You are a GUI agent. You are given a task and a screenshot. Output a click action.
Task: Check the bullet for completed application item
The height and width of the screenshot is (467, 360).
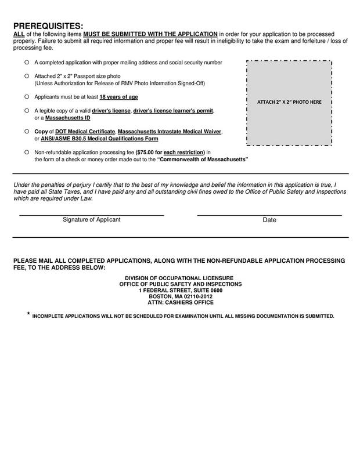[x=26, y=61]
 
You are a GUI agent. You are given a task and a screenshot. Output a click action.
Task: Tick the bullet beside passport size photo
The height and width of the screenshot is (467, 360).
[x=26, y=76]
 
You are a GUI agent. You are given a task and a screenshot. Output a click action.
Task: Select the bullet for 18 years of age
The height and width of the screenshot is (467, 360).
[x=26, y=96]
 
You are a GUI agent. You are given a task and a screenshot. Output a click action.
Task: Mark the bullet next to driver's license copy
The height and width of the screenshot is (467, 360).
[x=26, y=110]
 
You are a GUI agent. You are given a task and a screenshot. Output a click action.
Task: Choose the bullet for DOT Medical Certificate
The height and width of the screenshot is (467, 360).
[x=26, y=132]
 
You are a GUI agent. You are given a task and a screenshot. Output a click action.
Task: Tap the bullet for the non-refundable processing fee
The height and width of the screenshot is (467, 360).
[x=26, y=152]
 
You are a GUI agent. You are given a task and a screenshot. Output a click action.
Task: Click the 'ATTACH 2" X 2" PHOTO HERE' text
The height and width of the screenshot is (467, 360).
[x=289, y=103]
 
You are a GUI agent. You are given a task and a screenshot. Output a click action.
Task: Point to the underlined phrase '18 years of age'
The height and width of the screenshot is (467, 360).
[x=118, y=96]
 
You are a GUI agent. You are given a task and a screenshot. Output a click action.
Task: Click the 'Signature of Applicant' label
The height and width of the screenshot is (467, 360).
[x=91, y=220]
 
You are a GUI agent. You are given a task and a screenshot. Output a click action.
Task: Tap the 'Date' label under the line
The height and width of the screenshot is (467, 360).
[x=269, y=220]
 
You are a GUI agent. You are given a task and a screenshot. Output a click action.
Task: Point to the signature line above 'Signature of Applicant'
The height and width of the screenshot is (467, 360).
[x=91, y=215]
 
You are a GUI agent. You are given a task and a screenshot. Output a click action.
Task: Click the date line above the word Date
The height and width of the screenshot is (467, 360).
[x=269, y=215]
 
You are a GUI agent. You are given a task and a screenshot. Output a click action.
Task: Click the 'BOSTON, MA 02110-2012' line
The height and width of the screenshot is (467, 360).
[x=180, y=296]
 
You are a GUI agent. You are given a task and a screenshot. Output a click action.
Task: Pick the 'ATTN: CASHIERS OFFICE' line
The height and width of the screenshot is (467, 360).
[x=180, y=302]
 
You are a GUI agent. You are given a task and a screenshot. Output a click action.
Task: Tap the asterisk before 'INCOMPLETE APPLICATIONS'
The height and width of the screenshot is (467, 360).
[x=28, y=315]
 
